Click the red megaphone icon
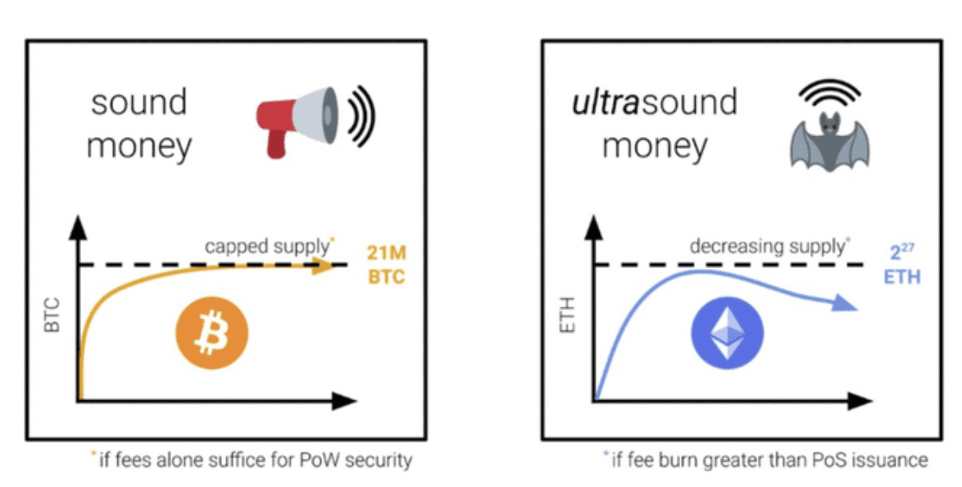[x=297, y=120]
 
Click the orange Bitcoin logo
[x=212, y=332]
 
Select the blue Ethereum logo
[x=728, y=332]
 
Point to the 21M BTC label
[x=387, y=265]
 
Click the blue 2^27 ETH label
[x=902, y=265]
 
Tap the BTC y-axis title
[x=52, y=315]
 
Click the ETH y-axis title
[x=568, y=315]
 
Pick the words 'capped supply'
[x=266, y=246]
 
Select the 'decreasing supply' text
[x=767, y=246]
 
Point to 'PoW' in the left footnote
[x=319, y=459]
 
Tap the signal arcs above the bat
[x=829, y=92]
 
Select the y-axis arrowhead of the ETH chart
[x=593, y=227]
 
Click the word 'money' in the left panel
[x=138, y=147]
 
